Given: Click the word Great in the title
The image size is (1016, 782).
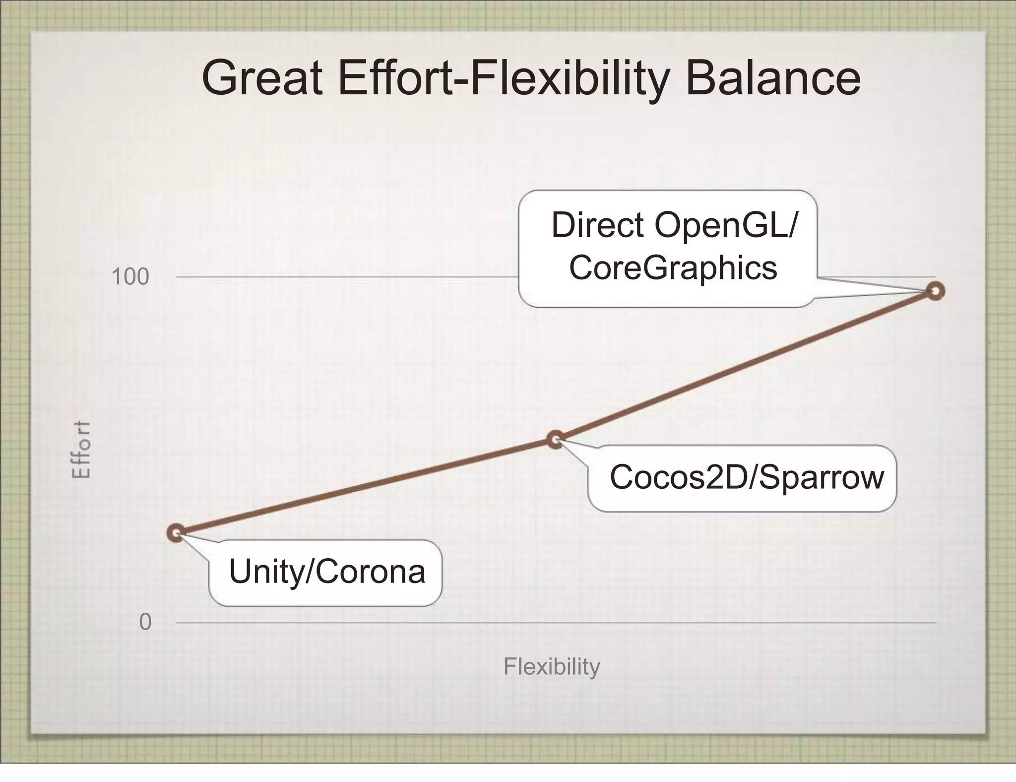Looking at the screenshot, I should click(262, 78).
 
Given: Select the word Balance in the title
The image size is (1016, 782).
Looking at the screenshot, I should click(773, 78).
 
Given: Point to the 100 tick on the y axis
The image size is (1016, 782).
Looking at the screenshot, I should click(130, 277).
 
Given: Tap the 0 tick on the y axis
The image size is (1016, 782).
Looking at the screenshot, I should click(145, 622).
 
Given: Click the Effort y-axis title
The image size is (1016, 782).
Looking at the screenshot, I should click(81, 449).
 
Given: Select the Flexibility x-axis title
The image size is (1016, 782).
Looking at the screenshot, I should click(552, 667).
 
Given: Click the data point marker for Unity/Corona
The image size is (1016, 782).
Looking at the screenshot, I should click(176, 533).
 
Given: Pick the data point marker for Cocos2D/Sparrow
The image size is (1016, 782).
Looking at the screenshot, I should click(556, 439).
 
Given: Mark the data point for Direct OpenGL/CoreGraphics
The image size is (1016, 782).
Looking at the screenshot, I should click(936, 291).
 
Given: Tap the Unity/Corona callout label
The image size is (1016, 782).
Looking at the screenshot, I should click(326, 572).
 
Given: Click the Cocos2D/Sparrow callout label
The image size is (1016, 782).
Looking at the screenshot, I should click(746, 477).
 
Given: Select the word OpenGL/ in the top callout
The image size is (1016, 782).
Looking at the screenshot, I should click(726, 226).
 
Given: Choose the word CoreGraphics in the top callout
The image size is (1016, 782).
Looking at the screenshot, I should click(673, 268).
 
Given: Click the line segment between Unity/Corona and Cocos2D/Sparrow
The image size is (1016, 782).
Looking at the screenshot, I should click(366, 486).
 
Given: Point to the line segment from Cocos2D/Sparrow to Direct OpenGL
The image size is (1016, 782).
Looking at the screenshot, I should click(744, 366).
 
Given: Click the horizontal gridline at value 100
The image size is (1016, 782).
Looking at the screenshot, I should click(347, 277).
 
